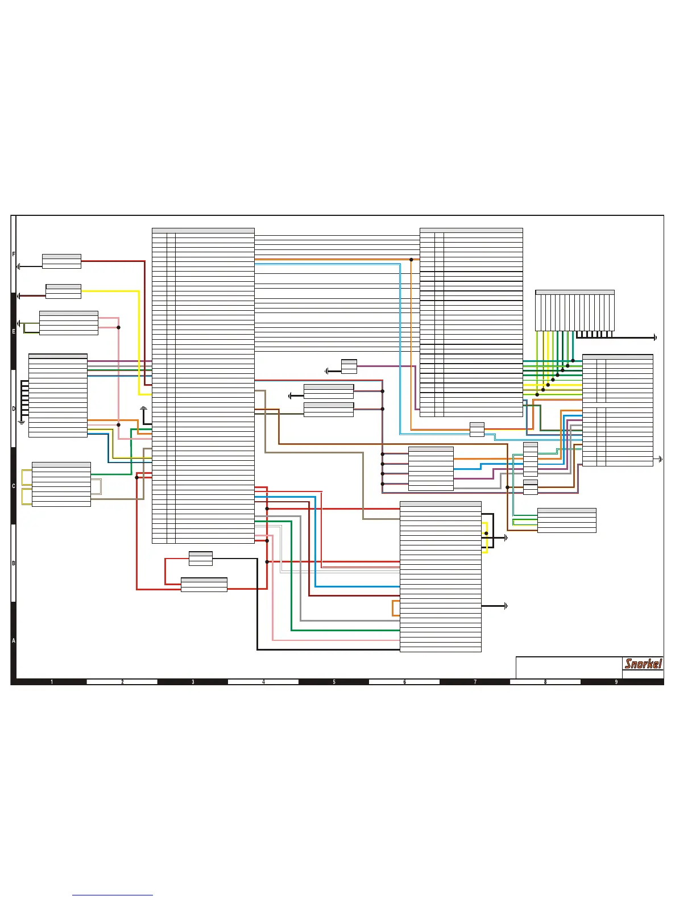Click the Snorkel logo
pos(643,664)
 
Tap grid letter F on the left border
pos(14,255)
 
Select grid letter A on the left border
pos(14,640)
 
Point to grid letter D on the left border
pos(14,409)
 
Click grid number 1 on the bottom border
pos(52,682)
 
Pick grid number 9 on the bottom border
pos(616,682)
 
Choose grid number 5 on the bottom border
pos(334,682)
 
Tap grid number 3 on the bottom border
pos(193,682)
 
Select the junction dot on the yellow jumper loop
pos(486,534)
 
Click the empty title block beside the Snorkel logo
pos(569,668)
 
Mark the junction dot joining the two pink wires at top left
pos(118,327)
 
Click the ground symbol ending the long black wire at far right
pos(656,338)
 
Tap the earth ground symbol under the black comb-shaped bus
pos(22,422)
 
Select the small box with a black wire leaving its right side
pos(200,559)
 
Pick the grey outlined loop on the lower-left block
pos(96,487)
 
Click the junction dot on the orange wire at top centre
pos(411,260)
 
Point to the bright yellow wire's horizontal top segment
pos(111,291)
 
